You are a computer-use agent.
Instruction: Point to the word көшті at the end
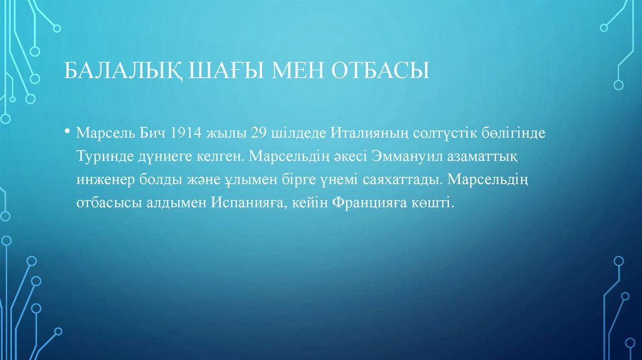click(x=433, y=204)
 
